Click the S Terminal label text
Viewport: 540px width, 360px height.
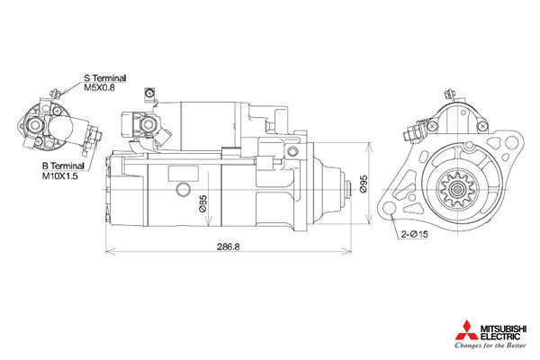tap(105, 78)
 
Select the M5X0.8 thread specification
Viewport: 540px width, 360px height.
tap(100, 87)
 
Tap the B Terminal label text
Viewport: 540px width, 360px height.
tap(63, 166)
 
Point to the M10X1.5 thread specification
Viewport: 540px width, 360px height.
tap(60, 175)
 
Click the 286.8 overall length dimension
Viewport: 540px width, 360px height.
tap(228, 247)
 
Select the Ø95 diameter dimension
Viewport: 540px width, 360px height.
tap(364, 184)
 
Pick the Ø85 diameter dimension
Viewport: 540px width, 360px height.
tap(203, 203)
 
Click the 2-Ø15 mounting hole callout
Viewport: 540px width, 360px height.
tap(414, 234)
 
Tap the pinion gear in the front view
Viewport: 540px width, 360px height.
tap(458, 190)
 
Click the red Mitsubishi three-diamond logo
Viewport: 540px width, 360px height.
tap(466, 330)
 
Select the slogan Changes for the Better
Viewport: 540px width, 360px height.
tap(490, 346)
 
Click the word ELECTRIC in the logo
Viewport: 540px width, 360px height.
tap(500, 337)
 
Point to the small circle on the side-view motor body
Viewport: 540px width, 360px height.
tap(183, 190)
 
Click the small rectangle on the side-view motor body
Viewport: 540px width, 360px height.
tap(184, 174)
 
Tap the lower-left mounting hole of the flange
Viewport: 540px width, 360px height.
tap(389, 209)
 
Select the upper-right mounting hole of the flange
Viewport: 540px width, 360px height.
tap(513, 141)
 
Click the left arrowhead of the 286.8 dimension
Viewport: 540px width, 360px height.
tap(110, 252)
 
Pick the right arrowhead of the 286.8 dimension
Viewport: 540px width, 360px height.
tap(346, 252)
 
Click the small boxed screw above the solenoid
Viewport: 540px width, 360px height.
tap(149, 94)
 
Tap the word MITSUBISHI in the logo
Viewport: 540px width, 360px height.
tap(503, 328)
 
